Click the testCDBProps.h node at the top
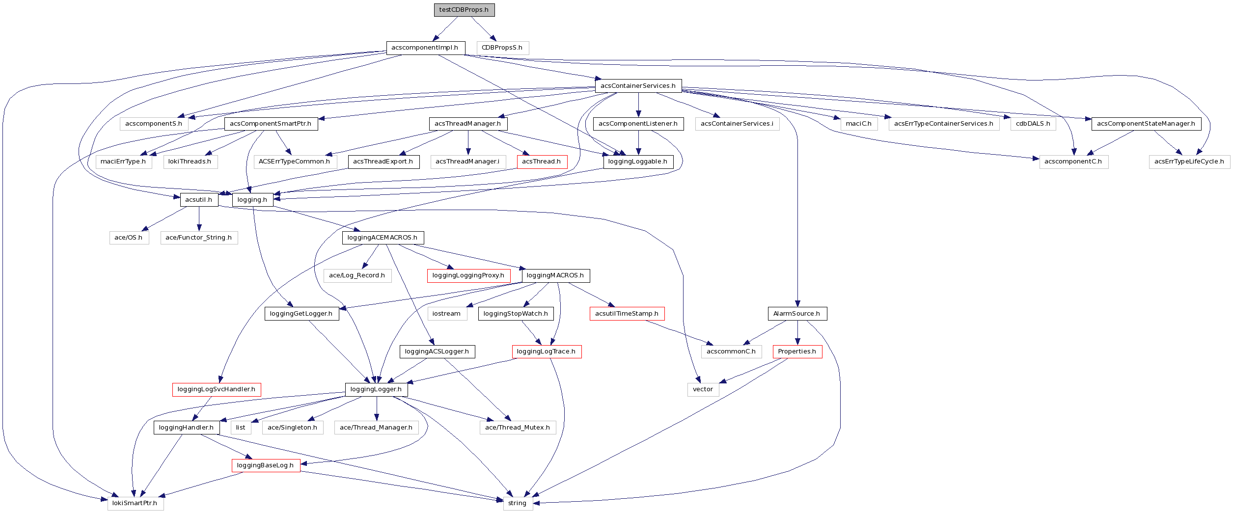[464, 10]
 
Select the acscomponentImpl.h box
[425, 48]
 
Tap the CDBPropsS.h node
[502, 48]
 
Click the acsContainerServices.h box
[638, 86]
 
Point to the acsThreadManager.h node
[468, 124]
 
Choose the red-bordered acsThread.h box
[542, 162]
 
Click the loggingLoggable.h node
[638, 162]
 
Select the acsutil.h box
[199, 200]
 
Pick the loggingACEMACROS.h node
[383, 238]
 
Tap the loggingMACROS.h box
[555, 275]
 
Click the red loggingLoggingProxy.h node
[468, 275]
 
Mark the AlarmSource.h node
[796, 314]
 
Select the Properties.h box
[797, 351]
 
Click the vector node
[703, 389]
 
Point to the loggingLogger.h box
[376, 389]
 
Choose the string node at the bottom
[518, 503]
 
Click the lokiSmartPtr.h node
[135, 503]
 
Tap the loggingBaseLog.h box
[265, 465]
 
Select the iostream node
[446, 314]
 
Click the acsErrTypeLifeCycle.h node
[1189, 162]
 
